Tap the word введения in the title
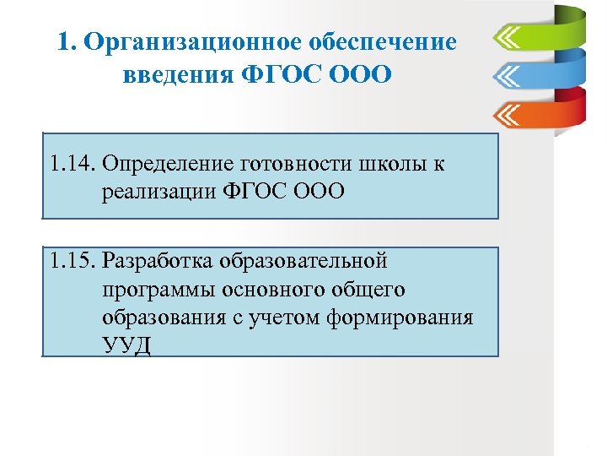point(175,76)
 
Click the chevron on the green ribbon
point(508,39)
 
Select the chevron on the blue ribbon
point(508,77)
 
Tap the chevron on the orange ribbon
point(508,114)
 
